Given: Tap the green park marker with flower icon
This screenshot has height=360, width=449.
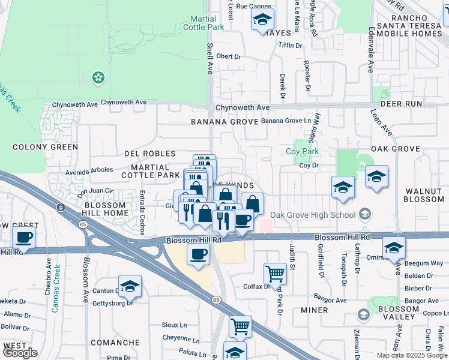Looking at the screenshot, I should (97, 77).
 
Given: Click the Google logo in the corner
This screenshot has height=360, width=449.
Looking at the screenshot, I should (19, 353).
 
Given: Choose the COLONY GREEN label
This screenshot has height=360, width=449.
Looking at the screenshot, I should (46, 147).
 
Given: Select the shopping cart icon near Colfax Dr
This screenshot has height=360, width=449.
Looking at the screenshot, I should (275, 273).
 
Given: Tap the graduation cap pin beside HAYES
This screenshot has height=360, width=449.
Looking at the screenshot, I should (262, 20).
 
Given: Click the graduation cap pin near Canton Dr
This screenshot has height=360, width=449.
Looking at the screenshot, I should (130, 287).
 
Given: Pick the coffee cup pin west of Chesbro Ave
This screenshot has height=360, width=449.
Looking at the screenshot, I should (23, 238).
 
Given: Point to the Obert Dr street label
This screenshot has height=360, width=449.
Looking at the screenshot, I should (228, 56).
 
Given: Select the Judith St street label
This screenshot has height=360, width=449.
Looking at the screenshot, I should (293, 256).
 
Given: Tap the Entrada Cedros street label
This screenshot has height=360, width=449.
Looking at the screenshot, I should (142, 204).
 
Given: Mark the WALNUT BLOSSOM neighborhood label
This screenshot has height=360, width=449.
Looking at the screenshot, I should (424, 195).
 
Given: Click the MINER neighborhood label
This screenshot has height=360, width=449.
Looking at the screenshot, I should (314, 310).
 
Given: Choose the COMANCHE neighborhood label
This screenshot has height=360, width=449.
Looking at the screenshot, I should (115, 343).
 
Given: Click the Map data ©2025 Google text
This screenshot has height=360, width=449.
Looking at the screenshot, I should (412, 355).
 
